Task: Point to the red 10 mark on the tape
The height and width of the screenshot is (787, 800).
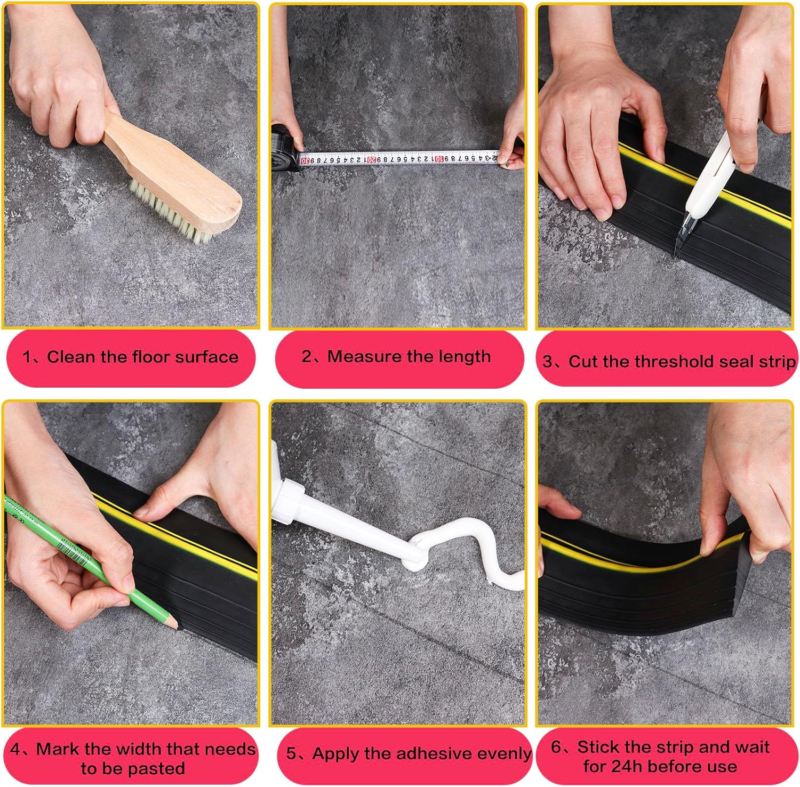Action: click(x=439, y=158)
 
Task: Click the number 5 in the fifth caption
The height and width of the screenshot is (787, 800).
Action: click(x=291, y=754)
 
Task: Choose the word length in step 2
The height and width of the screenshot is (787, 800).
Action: click(x=462, y=356)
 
